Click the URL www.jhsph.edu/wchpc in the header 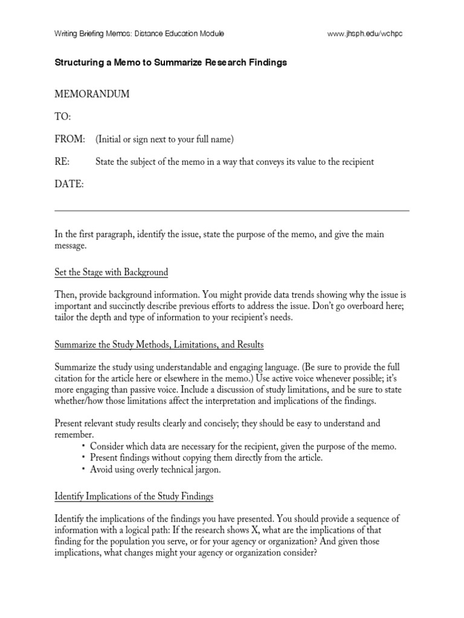point(364,34)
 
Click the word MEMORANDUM point(92,94)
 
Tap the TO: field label point(63,116)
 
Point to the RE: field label point(62,162)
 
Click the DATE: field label point(69,184)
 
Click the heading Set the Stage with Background point(111,273)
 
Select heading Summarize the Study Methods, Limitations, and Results point(159,345)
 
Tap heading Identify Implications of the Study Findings point(134,497)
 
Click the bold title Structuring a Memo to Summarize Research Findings point(171,63)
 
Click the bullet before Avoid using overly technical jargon point(83,469)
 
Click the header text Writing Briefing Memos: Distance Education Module point(140,34)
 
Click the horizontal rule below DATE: point(232,211)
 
